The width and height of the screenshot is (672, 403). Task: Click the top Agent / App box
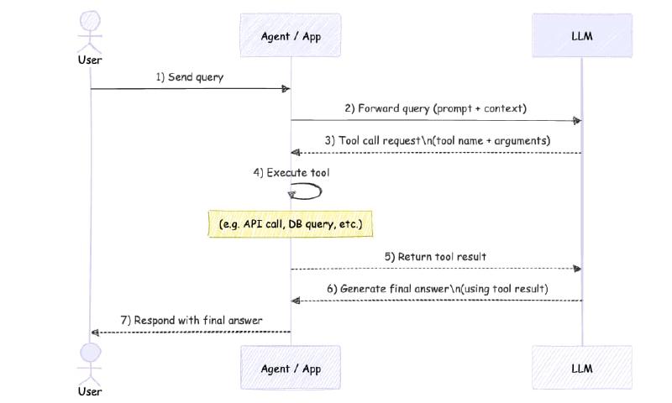[291, 35]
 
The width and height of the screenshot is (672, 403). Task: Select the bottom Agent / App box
[291, 368]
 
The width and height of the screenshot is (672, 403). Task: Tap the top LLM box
[581, 35]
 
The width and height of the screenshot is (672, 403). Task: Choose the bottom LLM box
[581, 368]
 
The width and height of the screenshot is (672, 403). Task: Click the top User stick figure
[90, 32]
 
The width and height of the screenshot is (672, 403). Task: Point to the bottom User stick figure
[90, 361]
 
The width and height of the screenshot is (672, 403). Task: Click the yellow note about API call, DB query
[291, 225]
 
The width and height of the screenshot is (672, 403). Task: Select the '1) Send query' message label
[190, 77]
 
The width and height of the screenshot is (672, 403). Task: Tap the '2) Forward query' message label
[435, 108]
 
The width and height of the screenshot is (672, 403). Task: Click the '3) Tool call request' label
[437, 140]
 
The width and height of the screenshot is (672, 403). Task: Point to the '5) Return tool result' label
[435, 256]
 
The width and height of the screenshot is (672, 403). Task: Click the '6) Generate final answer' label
[437, 288]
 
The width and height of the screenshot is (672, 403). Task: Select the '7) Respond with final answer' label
[192, 320]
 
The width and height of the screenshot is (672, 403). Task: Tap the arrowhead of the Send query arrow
[286, 89]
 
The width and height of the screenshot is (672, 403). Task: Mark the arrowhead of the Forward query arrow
[576, 121]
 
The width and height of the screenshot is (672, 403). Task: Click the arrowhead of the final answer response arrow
[95, 332]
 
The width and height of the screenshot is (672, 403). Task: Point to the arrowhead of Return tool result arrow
[576, 269]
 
